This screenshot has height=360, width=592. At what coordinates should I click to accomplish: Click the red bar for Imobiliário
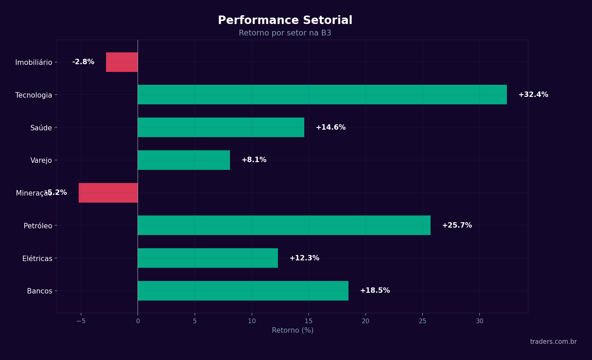coord(122,62)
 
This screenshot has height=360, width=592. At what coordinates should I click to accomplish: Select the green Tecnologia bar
coord(322,95)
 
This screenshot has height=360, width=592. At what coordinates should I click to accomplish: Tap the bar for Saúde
coord(221,127)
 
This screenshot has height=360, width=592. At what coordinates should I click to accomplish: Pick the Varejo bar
coord(184,160)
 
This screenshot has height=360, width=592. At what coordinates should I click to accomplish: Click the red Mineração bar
coord(108,193)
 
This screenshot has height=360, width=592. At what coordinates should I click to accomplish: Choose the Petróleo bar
coord(284,225)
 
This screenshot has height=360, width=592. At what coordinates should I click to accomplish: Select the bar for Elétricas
coord(208,258)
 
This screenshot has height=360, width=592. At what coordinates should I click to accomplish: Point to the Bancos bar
coord(243,291)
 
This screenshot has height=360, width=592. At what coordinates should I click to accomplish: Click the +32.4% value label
coord(533,95)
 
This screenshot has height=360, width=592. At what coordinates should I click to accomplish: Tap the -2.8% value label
coord(83,62)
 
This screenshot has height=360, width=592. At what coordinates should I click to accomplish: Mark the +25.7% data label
coord(457,225)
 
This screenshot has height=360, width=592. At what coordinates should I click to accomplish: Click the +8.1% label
coord(254,160)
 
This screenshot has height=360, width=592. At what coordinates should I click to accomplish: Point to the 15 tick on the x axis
coord(308,321)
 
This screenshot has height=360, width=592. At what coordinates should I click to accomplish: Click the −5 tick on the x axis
coord(81,321)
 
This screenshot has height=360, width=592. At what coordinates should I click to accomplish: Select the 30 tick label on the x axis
coord(480,321)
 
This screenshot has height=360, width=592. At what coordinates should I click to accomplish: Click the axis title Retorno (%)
coord(292,330)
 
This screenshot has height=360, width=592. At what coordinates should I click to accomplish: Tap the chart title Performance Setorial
coord(285,20)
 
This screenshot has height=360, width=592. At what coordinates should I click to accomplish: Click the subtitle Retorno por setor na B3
coord(285,33)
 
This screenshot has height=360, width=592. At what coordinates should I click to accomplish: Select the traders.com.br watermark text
coord(553,342)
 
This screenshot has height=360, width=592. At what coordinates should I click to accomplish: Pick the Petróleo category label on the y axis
coord(38,226)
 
